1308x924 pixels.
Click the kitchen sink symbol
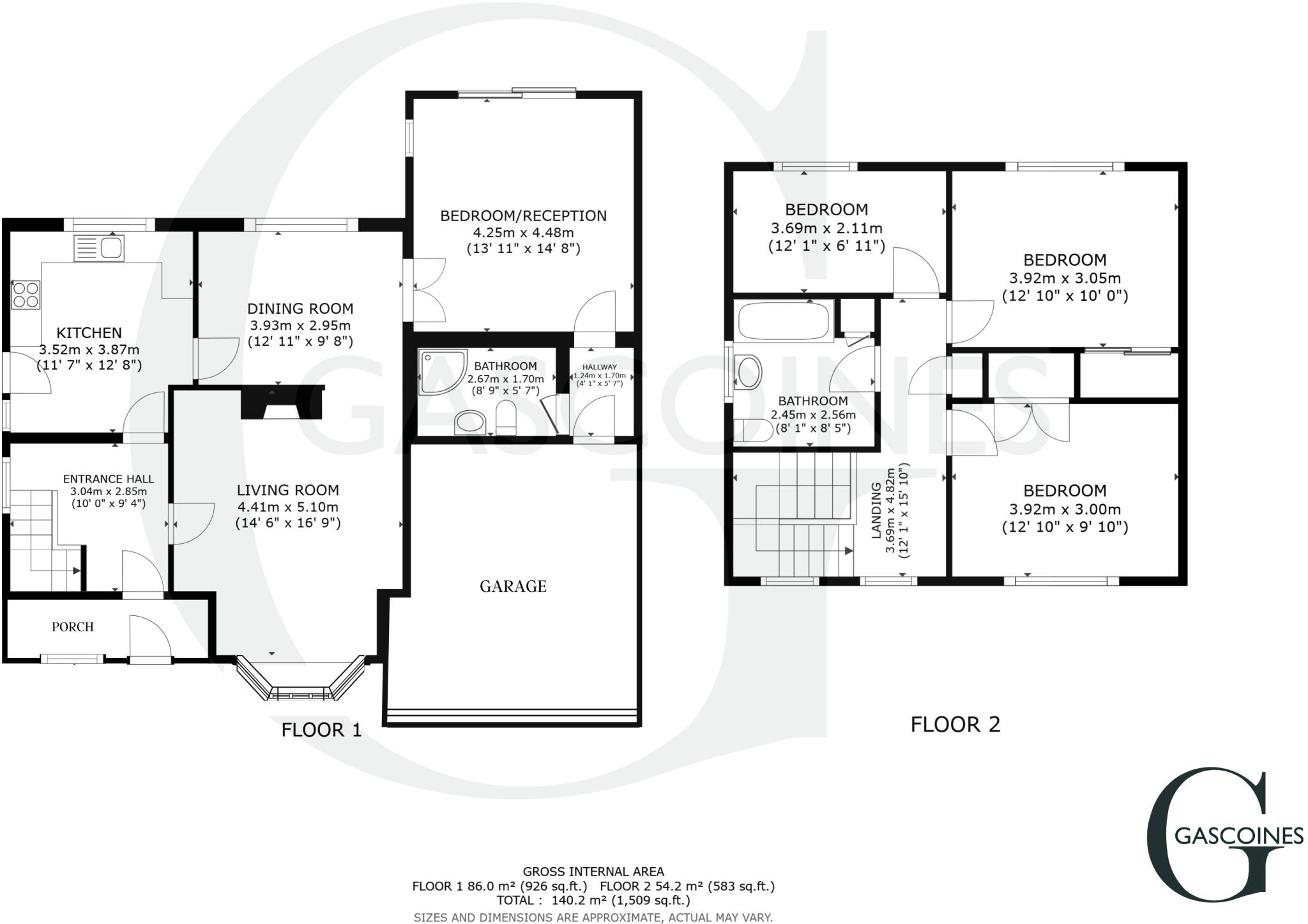pyautogui.click(x=99, y=248)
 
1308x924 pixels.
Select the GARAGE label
pyautogui.click(x=513, y=586)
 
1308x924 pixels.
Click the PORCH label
pyautogui.click(x=73, y=627)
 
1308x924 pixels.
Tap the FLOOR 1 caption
pyautogui.click(x=321, y=730)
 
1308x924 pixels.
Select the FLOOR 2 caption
pyautogui.click(x=955, y=725)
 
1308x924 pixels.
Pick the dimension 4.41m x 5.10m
pyautogui.click(x=287, y=507)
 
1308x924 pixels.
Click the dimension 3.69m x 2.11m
pyautogui.click(x=826, y=228)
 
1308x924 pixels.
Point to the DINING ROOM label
pyautogui.click(x=300, y=309)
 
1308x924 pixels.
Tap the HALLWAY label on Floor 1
pyautogui.click(x=599, y=367)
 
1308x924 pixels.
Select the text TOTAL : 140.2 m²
pyautogui.click(x=593, y=900)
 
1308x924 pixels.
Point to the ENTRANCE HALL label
pyautogui.click(x=109, y=479)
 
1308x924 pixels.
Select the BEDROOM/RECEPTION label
pyautogui.click(x=523, y=216)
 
